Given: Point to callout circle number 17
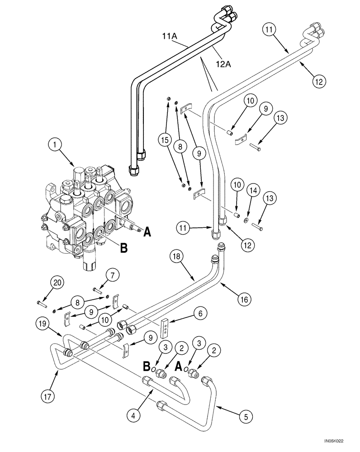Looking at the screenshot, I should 49,396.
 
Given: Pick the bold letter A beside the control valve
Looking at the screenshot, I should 147,233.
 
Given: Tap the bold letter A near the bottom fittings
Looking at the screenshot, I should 179,367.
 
